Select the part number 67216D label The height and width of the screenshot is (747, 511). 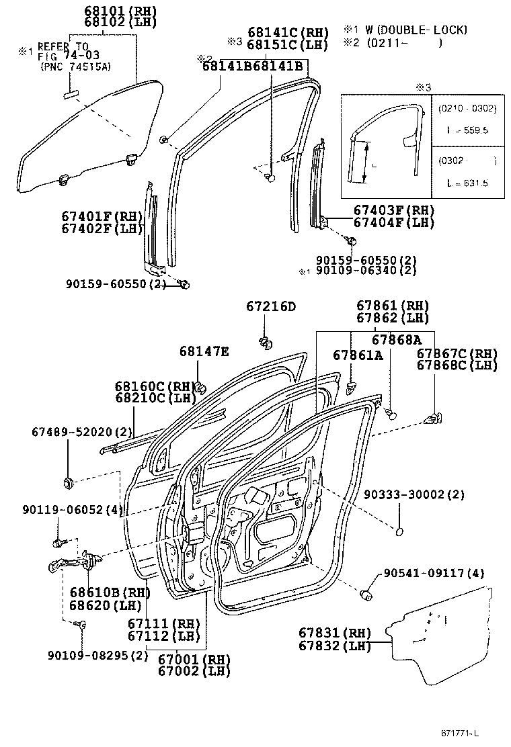[x=271, y=307]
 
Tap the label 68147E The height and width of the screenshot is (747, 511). [x=204, y=351]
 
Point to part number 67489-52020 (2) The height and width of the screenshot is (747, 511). [x=82, y=431]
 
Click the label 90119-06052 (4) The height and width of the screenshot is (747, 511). [x=75, y=510]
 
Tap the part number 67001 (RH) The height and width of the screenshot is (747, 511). [x=194, y=659]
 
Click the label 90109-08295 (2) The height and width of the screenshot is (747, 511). [x=97, y=655]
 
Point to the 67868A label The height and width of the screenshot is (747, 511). [x=397, y=340]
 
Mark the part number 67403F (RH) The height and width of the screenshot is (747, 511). [x=394, y=210]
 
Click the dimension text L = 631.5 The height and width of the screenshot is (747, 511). [x=467, y=183]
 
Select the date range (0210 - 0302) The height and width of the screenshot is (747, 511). [x=467, y=108]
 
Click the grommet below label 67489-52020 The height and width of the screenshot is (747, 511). [x=69, y=482]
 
